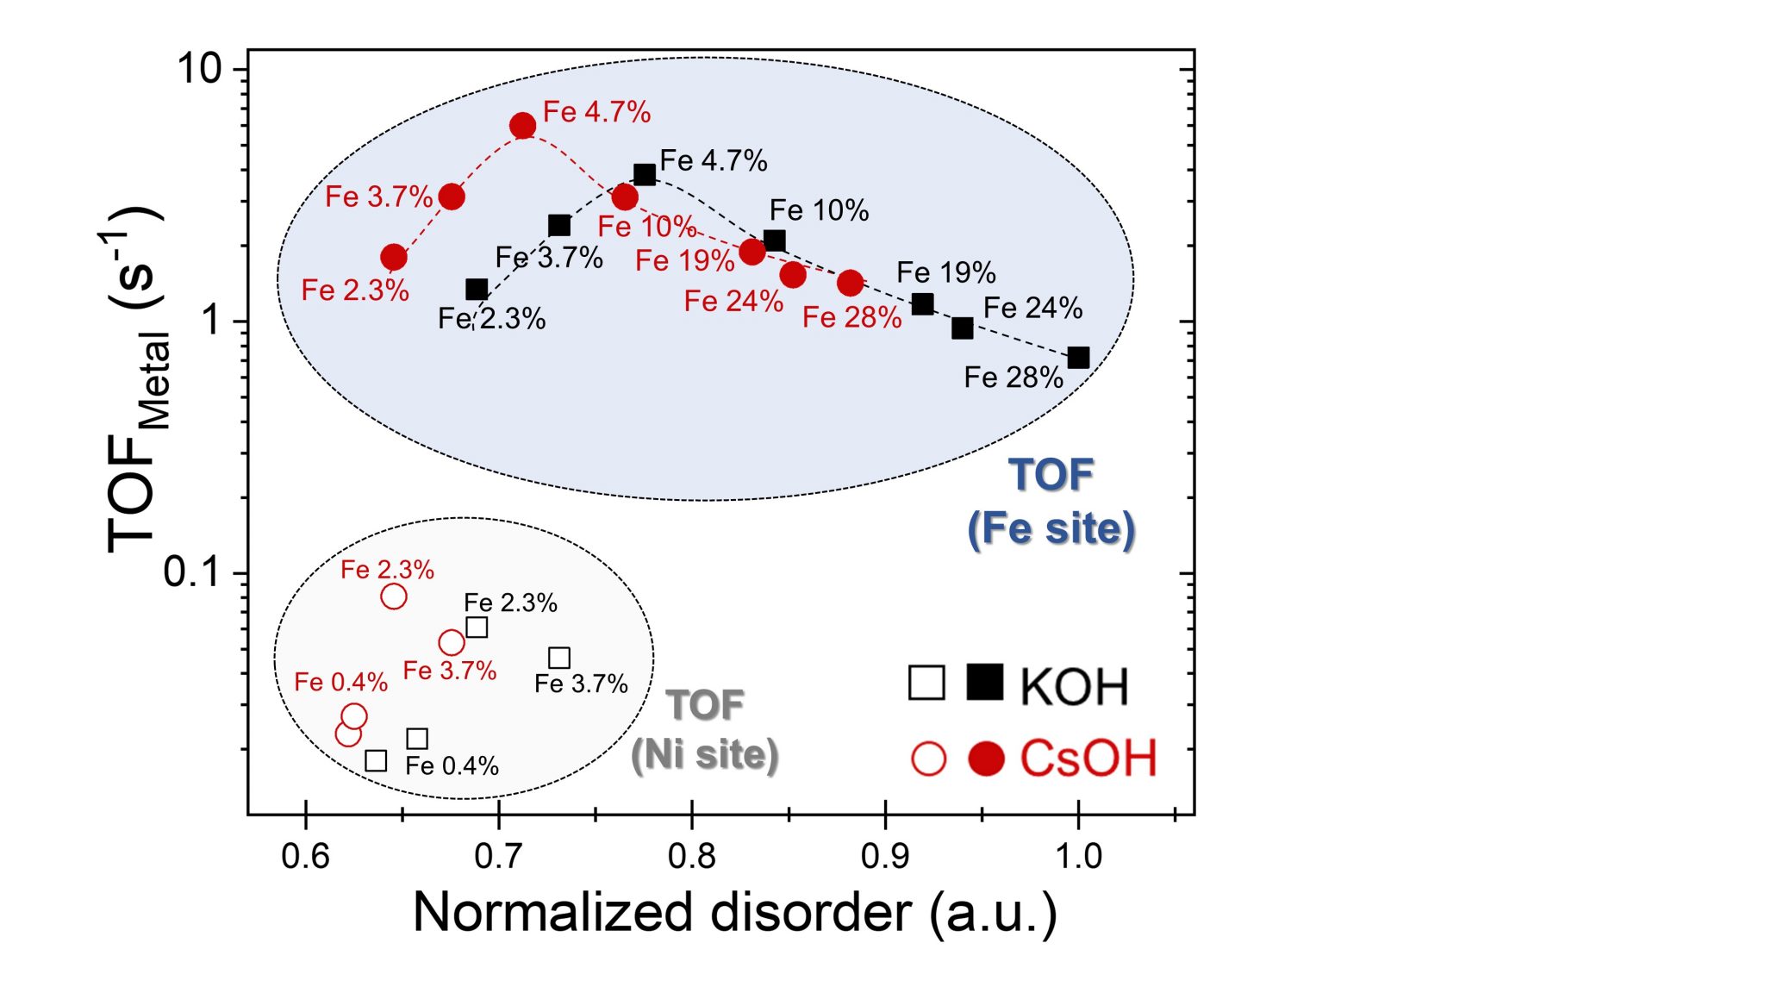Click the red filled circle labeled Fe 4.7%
coord(522,126)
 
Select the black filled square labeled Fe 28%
coord(1078,358)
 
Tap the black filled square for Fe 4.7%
coord(645,175)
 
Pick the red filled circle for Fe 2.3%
coord(394,257)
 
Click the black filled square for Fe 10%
coord(775,240)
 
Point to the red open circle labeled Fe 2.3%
coord(394,596)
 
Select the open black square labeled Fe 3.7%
coord(559,659)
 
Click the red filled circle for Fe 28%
coord(851,282)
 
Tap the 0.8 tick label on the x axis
coord(691,856)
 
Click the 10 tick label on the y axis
coord(199,68)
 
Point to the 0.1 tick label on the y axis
coord(192,571)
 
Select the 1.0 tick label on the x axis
coord(1078,856)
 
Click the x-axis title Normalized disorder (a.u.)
coord(734,912)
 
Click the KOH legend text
coord(1074,687)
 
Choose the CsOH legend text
coord(1088,759)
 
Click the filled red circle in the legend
coord(986,759)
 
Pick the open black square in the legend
coord(926,683)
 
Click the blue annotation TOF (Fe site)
coord(1051,502)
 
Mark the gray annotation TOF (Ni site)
coord(705,730)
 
